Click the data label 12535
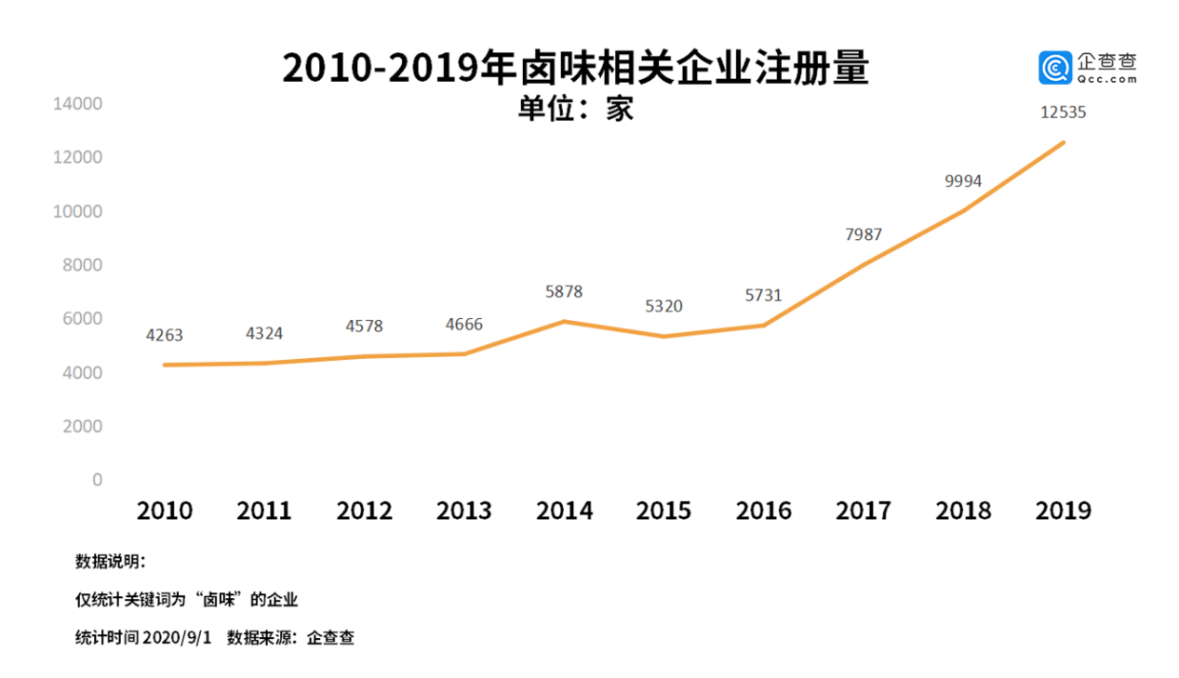pyautogui.click(x=1064, y=113)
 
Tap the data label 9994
pyautogui.click(x=963, y=181)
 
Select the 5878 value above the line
pyautogui.click(x=564, y=292)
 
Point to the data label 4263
pyautogui.click(x=165, y=335)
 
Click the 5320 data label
pyautogui.click(x=663, y=306)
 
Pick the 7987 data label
pyautogui.click(x=864, y=235)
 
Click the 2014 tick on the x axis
pyautogui.click(x=564, y=512)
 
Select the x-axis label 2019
pyautogui.click(x=1064, y=512)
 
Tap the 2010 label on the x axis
pyautogui.click(x=165, y=512)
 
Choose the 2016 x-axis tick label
pyautogui.click(x=763, y=512)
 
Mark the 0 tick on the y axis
pyautogui.click(x=97, y=480)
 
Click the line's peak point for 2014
pyautogui.click(x=564, y=322)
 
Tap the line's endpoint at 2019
pyautogui.click(x=1064, y=142)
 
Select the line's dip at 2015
pyautogui.click(x=663, y=337)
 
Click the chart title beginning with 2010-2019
pyautogui.click(x=575, y=69)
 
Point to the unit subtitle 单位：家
pyautogui.click(x=575, y=109)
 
